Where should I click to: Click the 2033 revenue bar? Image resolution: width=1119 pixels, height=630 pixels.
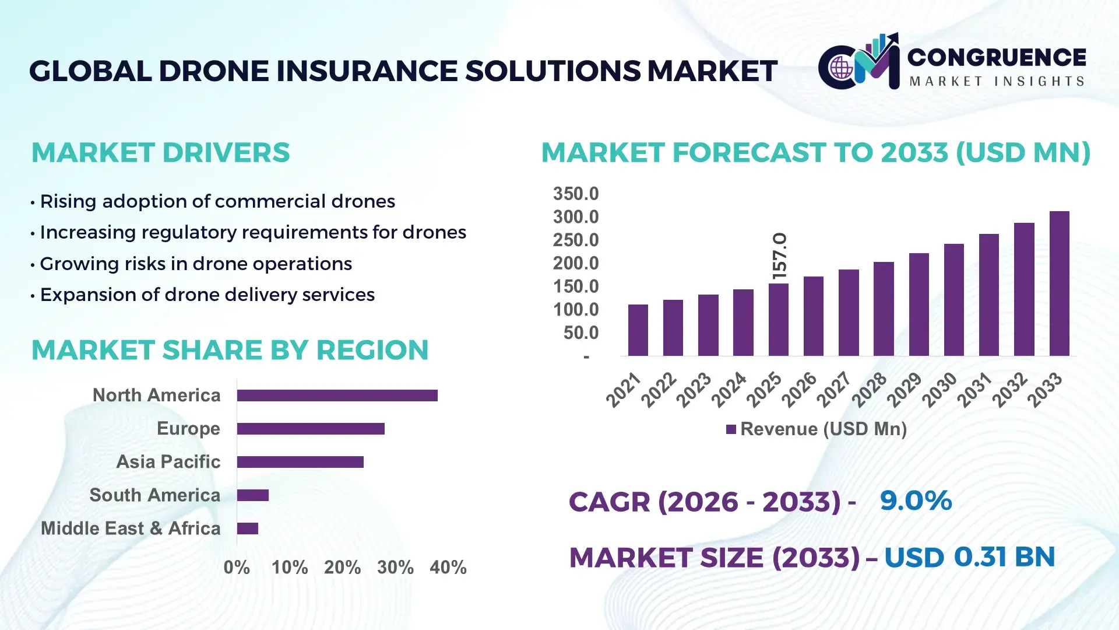point(1059,283)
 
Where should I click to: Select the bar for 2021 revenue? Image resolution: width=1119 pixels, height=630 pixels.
point(638,330)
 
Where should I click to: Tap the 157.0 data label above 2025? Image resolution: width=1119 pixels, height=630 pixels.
point(779,256)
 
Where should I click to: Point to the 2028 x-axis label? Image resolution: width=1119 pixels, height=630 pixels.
point(870,389)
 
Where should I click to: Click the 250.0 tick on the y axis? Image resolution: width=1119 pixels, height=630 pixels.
point(575,240)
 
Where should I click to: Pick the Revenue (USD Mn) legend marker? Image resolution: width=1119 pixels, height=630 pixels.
point(731,429)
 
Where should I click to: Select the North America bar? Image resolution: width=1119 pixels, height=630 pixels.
point(337,395)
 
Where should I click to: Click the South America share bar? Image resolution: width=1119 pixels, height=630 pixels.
point(252,495)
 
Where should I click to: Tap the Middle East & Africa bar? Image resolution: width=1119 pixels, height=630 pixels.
point(247,528)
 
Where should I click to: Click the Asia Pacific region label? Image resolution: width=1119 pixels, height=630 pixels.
point(168,461)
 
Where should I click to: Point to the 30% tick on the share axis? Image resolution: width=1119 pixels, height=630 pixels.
point(395,567)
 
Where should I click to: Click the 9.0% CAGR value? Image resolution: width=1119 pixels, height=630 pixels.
point(915,501)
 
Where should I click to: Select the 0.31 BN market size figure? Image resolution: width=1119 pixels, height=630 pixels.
point(1004,556)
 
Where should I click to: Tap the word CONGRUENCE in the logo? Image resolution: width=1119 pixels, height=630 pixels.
point(997,57)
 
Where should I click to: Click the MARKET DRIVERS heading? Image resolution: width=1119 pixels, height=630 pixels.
point(160,153)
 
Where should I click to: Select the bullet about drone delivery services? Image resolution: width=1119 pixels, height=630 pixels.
point(207,295)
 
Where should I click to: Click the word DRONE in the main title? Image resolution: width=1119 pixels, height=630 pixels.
point(213,71)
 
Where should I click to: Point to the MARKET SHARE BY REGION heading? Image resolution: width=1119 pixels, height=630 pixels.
point(230,350)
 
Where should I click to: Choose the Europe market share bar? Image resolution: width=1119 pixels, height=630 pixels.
point(311,429)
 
